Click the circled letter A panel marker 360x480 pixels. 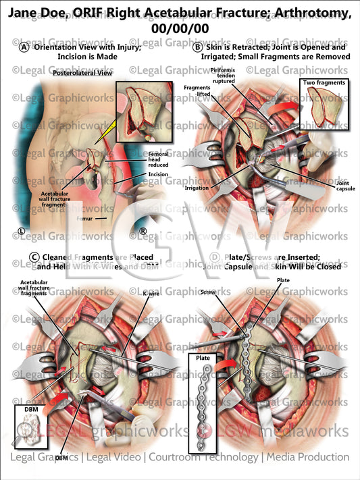point(24,48)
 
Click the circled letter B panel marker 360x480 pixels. point(197,48)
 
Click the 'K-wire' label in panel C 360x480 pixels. point(152,294)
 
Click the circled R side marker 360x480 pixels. point(143,232)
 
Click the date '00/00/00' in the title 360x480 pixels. point(180,28)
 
